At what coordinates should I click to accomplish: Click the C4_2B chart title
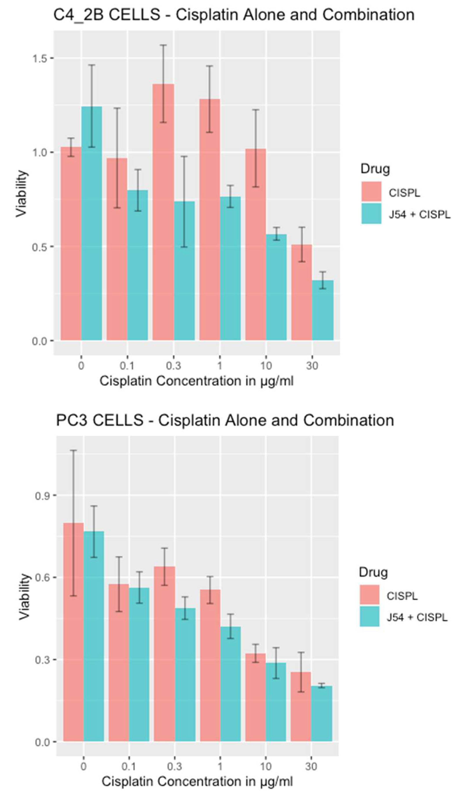(x=234, y=15)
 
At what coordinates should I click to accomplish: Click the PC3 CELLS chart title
(x=225, y=420)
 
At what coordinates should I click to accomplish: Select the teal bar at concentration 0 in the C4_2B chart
(x=92, y=224)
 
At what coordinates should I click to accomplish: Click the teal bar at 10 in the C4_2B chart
(x=276, y=287)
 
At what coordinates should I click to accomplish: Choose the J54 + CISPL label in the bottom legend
(x=417, y=617)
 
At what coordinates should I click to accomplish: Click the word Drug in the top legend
(x=375, y=169)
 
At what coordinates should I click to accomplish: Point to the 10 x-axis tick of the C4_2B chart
(x=266, y=366)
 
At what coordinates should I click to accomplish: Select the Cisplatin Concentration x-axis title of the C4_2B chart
(x=196, y=381)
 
